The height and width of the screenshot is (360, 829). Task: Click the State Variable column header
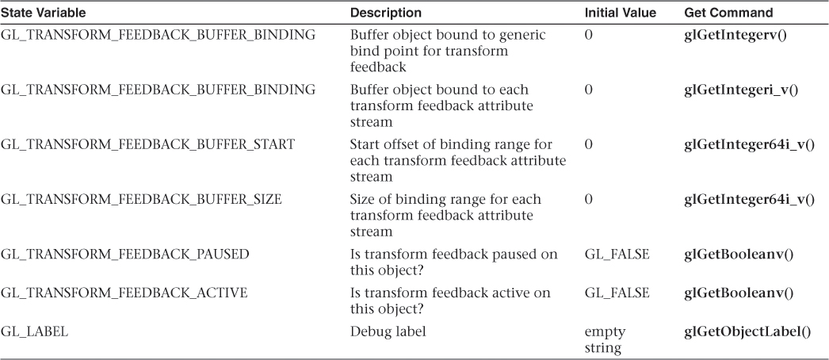(x=44, y=13)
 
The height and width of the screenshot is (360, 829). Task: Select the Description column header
(x=386, y=13)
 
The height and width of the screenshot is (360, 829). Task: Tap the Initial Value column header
(x=620, y=13)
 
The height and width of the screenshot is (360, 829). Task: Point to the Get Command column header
(x=728, y=13)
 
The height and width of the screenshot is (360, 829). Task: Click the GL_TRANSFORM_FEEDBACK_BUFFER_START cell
(x=148, y=144)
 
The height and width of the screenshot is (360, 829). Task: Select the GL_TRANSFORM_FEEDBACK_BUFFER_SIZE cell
(x=141, y=199)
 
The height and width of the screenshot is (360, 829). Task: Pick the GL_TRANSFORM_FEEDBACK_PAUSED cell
(x=124, y=255)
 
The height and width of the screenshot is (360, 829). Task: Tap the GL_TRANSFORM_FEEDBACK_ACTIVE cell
(x=124, y=293)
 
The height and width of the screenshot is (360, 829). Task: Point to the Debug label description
(x=388, y=332)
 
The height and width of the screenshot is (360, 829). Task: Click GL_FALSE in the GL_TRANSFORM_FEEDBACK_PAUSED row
(x=617, y=255)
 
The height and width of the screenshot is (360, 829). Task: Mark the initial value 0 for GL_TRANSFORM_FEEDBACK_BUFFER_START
(x=588, y=144)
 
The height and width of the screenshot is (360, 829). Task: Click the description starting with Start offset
(x=458, y=160)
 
